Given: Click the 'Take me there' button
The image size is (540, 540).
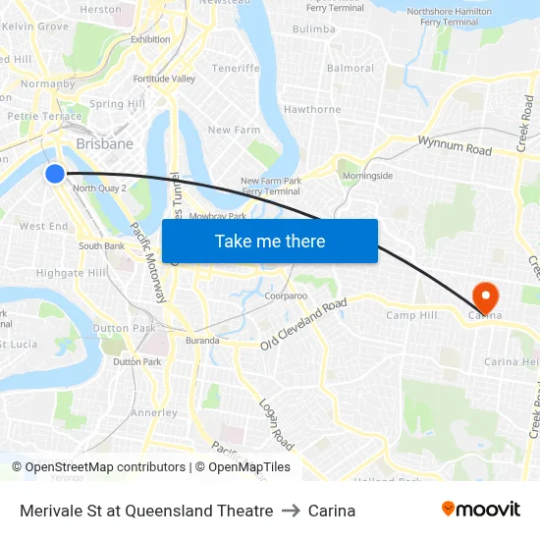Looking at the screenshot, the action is point(270,241).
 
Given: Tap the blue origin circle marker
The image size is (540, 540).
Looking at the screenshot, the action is point(55,174).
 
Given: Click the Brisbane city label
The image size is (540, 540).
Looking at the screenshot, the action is point(104,143).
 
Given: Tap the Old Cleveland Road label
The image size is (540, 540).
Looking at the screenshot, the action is point(304,324).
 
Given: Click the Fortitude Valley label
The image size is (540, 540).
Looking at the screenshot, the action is point(164,79).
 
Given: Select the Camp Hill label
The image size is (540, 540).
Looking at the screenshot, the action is point(412,315).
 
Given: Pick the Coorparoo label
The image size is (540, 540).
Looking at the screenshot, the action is point(286,296).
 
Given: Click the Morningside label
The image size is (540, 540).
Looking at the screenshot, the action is point(367,176).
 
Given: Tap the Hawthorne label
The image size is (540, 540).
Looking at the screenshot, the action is point(311,110).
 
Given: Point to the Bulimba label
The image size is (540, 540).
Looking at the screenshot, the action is point(314,29).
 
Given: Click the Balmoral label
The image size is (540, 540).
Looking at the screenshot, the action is point(351,69).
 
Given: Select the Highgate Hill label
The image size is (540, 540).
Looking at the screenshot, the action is point(66,274).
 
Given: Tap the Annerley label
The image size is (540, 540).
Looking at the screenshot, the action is point(154,412).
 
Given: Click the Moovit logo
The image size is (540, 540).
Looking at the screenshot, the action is point(480,510).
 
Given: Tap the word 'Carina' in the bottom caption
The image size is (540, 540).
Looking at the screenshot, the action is point(332,511).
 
